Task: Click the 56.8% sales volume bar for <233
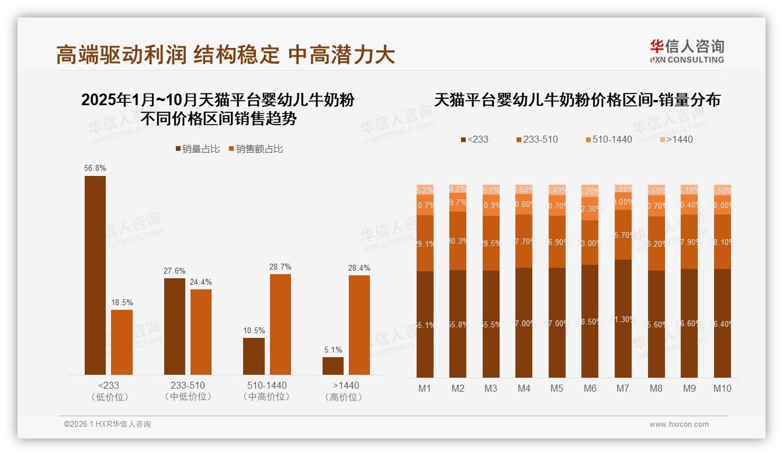[x=95, y=275]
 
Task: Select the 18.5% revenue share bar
[x=122, y=342]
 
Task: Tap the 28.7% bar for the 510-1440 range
[x=280, y=324]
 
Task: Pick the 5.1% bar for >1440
[x=333, y=366]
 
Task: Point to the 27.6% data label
[x=175, y=271]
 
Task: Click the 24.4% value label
[x=201, y=282]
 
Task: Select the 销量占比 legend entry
[x=198, y=149]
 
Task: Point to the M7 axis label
[x=623, y=388]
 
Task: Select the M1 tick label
[x=425, y=388]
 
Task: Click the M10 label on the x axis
[x=722, y=388]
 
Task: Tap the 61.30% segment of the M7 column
[x=623, y=319]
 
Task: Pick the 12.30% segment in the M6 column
[x=590, y=209]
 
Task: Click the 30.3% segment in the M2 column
[x=458, y=241]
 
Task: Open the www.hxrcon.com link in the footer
[x=679, y=424]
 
